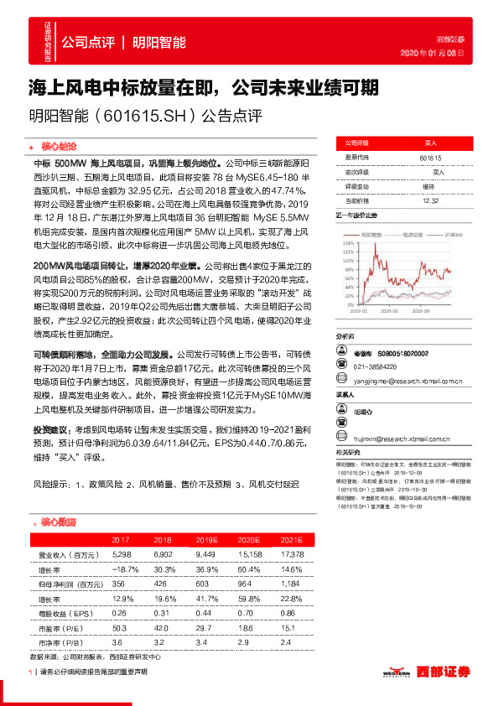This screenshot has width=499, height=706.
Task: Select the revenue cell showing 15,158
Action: pos(246,555)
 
